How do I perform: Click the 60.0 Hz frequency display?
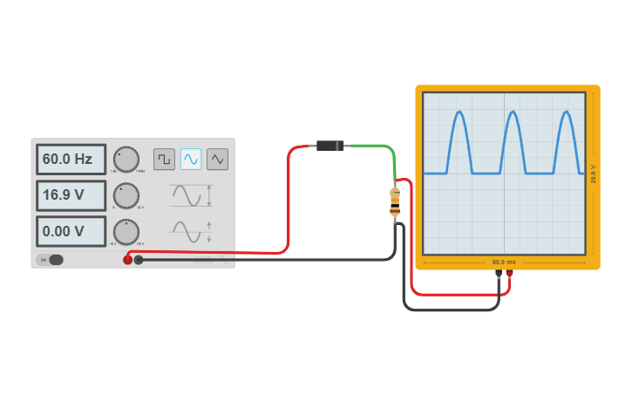71,160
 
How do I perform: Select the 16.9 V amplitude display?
71,195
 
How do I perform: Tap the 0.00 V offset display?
71,232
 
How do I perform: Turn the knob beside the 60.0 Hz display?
126,159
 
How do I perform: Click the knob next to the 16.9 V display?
126,195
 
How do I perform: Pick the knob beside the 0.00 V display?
126,232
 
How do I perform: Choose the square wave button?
164,159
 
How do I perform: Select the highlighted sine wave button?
191,159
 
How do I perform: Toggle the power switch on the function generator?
51,260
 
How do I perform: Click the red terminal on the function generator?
127,260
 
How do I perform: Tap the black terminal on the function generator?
139,260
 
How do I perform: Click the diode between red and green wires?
330,146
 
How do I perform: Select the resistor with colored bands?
395,201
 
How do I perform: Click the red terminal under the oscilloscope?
510,273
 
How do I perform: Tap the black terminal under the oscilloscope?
499,273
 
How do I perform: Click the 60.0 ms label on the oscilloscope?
504,262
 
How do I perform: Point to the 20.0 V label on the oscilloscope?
594,174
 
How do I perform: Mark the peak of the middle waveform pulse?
513,112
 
